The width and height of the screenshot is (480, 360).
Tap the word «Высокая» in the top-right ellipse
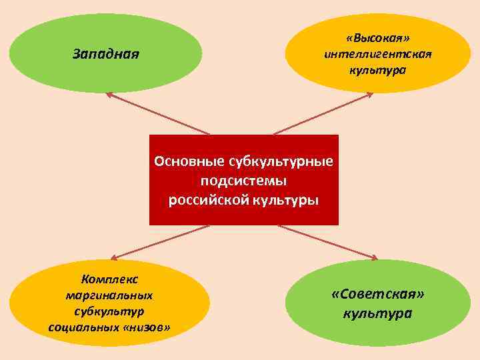click(x=378, y=37)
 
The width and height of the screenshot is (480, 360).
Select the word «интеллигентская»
click(x=378, y=53)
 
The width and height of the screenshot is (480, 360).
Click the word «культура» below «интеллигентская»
click(x=378, y=69)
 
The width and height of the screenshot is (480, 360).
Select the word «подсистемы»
click(x=243, y=181)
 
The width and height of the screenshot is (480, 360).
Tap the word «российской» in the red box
click(x=206, y=199)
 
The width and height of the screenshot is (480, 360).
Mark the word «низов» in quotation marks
click(x=145, y=327)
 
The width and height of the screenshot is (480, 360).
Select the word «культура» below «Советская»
click(x=378, y=313)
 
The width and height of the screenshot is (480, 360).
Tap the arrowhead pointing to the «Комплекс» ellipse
click(x=113, y=257)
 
